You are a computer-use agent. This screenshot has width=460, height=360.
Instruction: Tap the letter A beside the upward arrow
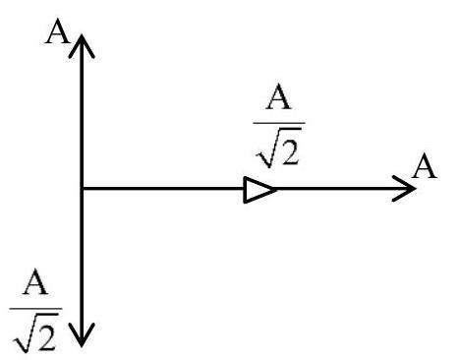(58, 31)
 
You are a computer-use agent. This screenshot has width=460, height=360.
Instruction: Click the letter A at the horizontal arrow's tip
(425, 166)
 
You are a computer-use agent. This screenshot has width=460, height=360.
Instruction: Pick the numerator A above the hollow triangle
(278, 96)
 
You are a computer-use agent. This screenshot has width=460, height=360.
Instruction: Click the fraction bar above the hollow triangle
(279, 123)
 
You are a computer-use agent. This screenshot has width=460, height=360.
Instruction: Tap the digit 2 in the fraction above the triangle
(290, 150)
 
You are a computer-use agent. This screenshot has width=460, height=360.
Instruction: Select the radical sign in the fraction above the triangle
(267, 148)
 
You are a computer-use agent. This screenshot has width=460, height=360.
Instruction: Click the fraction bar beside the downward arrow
(35, 309)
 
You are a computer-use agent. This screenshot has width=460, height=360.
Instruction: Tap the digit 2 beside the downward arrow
(46, 334)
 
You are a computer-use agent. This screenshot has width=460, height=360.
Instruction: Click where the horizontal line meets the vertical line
(82, 189)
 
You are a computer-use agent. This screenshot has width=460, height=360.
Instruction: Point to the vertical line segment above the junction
(82, 111)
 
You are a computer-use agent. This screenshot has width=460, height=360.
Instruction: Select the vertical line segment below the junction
(82, 268)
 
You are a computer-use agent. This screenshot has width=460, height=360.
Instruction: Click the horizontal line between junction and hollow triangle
(163, 189)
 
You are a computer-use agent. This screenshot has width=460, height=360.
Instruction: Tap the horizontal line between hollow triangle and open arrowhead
(346, 189)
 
